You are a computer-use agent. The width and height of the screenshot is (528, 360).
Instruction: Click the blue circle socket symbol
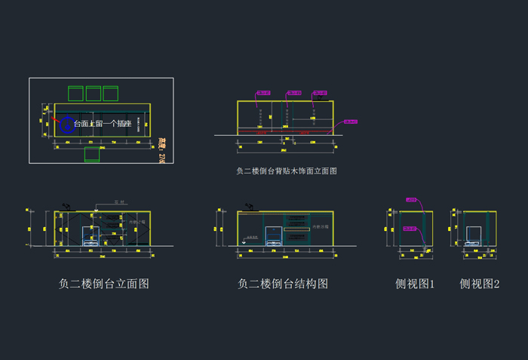point(66,123)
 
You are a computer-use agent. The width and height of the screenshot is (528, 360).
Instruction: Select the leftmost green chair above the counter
point(75,94)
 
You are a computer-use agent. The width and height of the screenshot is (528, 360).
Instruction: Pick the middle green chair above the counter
point(94,94)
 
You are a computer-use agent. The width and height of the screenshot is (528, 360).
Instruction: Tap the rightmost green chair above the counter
point(112,94)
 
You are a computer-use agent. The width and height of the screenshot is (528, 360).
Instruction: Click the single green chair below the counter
point(94,155)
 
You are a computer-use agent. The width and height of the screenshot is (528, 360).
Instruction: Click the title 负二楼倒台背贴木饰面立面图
point(287,171)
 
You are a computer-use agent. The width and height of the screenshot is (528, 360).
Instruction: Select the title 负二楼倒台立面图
point(103,284)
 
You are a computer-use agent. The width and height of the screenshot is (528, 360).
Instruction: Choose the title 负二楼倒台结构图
point(283,284)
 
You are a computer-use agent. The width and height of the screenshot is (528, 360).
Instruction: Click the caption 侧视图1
point(415,284)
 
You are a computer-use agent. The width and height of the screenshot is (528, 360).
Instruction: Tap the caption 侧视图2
point(480,284)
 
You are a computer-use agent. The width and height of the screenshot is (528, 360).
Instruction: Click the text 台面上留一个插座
point(103,124)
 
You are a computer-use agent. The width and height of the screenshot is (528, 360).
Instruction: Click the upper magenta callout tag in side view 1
point(412,200)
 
